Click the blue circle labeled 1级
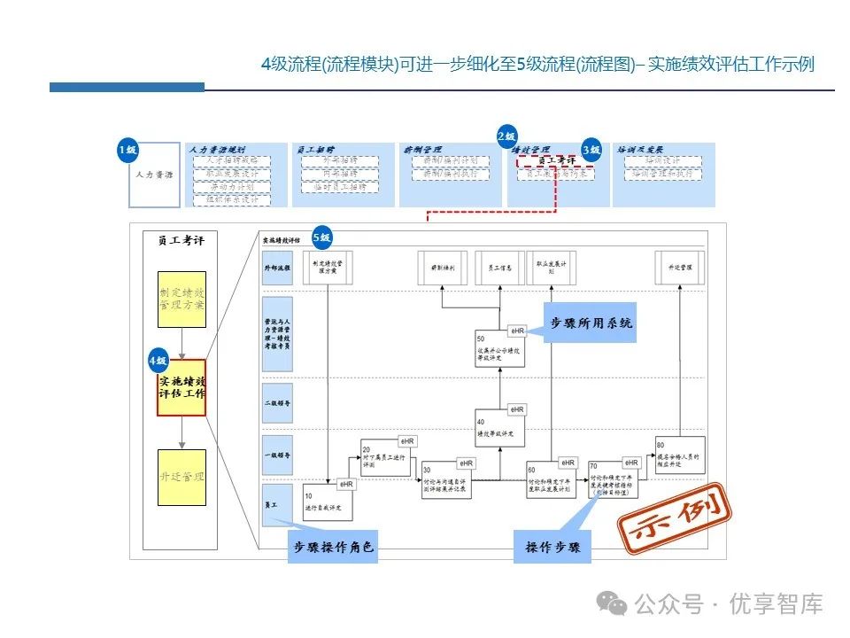point(127,151)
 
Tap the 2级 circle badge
point(506,136)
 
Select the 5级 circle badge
point(322,237)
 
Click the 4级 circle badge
point(158,361)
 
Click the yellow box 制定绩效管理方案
point(182,300)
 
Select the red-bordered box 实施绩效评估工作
point(182,387)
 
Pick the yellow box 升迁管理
point(182,477)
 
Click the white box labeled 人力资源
point(154,175)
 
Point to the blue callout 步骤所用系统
point(591,323)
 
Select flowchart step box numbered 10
point(328,503)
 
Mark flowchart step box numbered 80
point(680,454)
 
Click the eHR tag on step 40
point(516,409)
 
